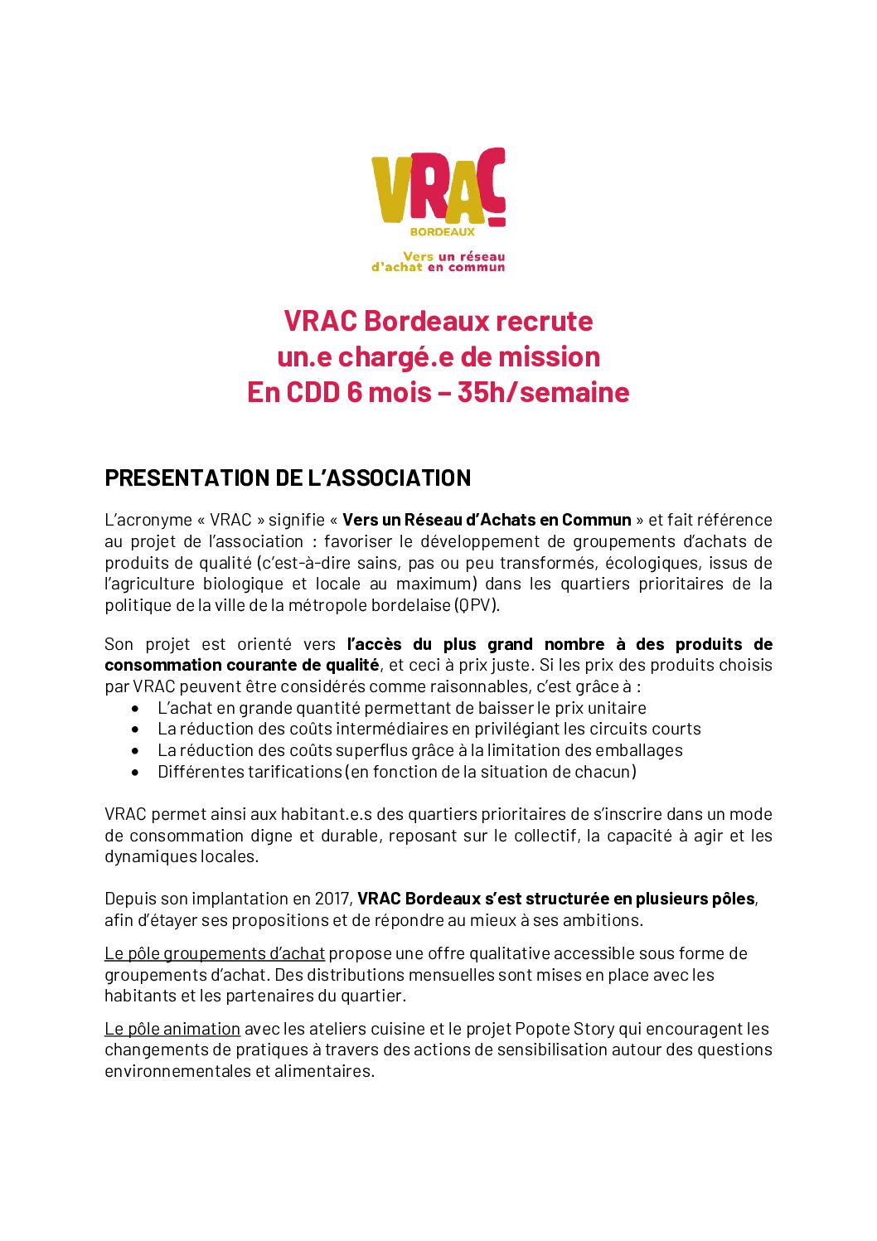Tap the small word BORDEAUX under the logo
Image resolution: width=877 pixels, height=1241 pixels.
coord(443,232)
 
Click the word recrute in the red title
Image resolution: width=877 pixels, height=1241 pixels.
coord(547,322)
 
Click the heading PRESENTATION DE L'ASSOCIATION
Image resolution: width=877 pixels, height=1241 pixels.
coord(288,478)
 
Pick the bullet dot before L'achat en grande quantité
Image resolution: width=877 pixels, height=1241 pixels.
coord(135,709)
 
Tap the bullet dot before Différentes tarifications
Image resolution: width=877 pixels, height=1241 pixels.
coord(135,773)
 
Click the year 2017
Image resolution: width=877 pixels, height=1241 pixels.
coord(332,899)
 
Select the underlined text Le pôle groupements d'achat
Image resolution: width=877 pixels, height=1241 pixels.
coord(215,954)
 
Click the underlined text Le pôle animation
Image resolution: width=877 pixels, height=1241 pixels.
coord(172,1030)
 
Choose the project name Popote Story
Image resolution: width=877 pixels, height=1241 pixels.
coord(564,1030)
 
